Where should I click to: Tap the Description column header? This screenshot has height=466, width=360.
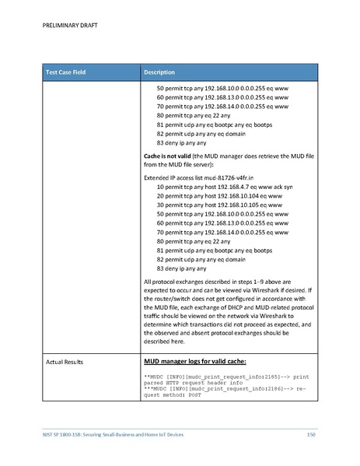tap(164, 72)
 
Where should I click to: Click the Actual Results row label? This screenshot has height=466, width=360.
tap(65, 362)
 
